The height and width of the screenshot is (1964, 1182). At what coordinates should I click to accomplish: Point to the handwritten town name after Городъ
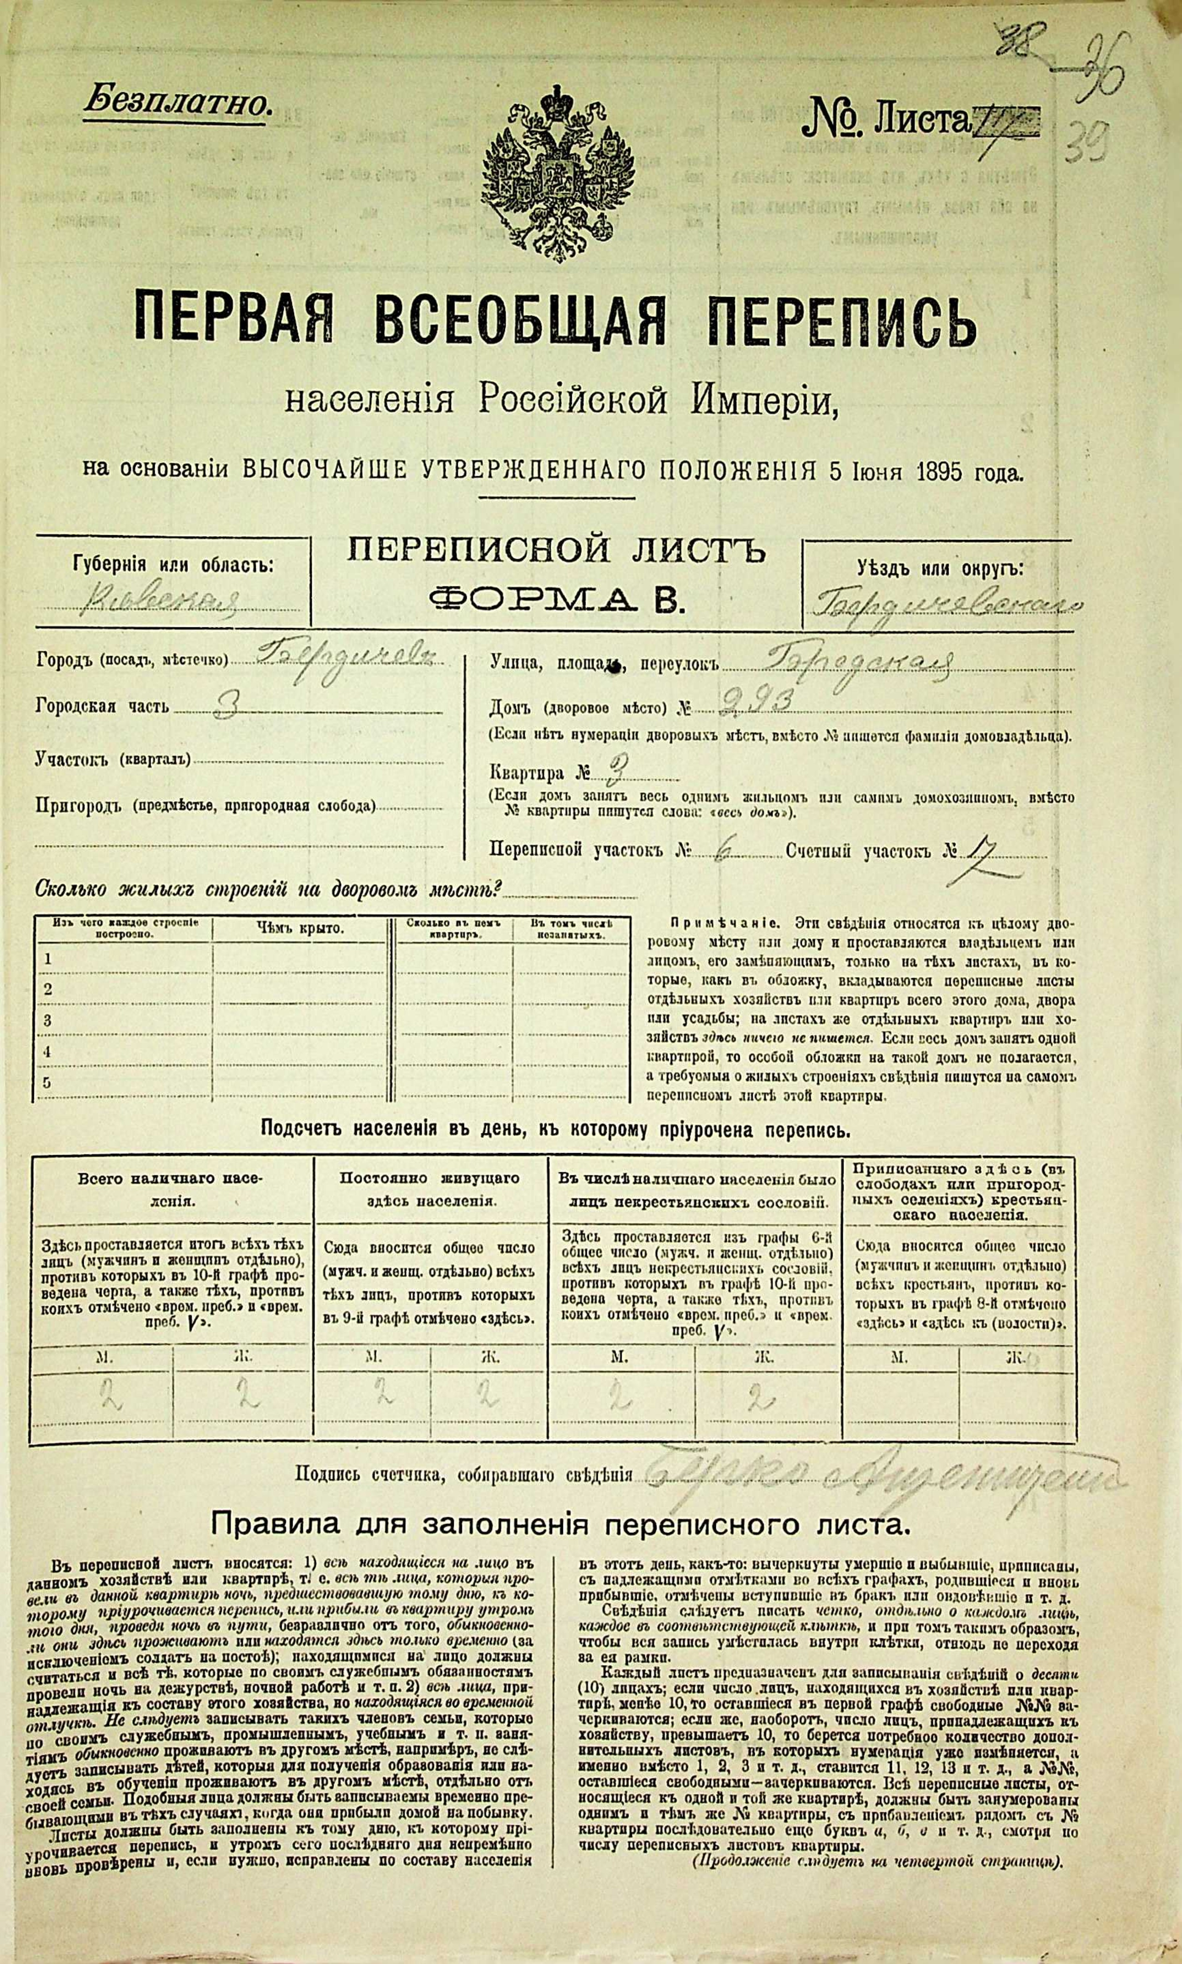(342, 658)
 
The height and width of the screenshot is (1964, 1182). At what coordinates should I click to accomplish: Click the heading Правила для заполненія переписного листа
(559, 1524)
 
